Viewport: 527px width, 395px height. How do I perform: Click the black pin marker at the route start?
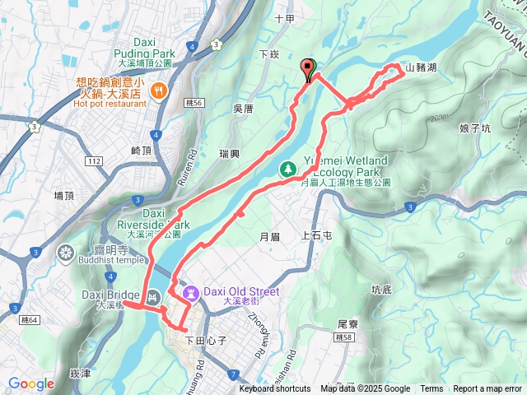[x=309, y=70]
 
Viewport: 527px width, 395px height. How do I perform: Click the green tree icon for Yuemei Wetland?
[x=288, y=169]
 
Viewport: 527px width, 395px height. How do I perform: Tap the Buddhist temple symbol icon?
[x=66, y=251]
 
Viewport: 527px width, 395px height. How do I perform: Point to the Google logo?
[x=31, y=383]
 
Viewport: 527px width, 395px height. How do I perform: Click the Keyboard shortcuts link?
[x=275, y=389]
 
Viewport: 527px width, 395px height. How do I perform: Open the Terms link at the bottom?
[x=431, y=389]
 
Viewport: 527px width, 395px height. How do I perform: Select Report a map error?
[x=488, y=389]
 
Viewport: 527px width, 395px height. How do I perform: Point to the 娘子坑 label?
[x=475, y=128]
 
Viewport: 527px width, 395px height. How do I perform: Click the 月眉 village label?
[x=270, y=236]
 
